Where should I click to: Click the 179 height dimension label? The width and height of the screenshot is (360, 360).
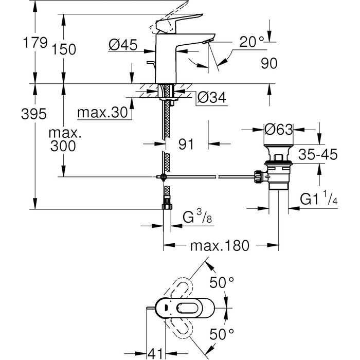point(35,43)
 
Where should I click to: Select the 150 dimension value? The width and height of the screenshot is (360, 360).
point(64,49)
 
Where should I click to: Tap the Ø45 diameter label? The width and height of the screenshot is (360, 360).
point(122,45)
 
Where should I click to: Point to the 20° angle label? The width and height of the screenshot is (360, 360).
point(251,42)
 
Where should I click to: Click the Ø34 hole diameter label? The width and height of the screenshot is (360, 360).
point(212,98)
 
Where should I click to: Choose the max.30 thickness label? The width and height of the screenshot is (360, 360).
point(102,113)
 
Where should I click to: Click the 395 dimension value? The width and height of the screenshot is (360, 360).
point(33,114)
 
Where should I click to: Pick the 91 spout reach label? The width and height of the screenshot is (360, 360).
point(186,144)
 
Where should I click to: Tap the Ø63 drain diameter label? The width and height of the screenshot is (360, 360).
point(279,129)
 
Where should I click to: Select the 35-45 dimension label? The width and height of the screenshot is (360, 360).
point(318,154)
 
